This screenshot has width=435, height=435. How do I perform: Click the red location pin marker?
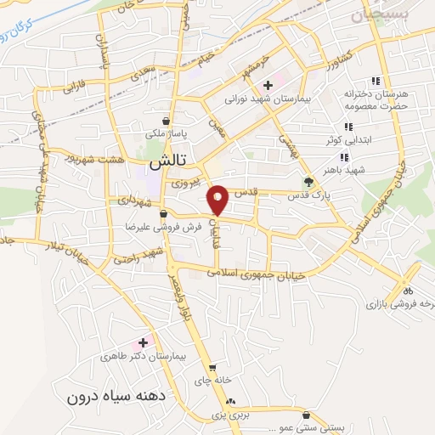coord(217,200)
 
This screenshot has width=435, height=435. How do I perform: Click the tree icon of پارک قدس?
coord(309,181)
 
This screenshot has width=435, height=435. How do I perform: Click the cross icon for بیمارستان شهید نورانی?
coord(268,85)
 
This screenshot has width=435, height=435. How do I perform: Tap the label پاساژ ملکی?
coord(163,134)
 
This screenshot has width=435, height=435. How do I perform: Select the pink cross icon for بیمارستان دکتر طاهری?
coord(143,342)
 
